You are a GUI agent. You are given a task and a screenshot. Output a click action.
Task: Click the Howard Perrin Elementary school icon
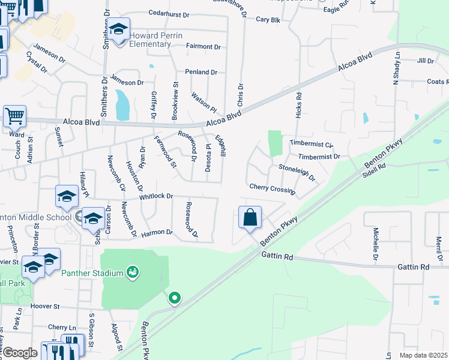119,29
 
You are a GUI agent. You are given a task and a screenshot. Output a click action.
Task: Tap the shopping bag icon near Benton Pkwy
250,218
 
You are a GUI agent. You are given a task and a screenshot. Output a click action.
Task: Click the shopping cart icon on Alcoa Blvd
14,115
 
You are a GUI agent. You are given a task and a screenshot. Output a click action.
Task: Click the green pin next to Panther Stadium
133,273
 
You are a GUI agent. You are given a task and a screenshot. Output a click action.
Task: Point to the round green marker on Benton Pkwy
175,298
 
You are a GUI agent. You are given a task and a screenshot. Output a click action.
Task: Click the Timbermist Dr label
319,157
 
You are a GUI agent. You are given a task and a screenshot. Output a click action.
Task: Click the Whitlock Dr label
155,196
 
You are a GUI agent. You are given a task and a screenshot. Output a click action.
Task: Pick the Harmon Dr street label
157,232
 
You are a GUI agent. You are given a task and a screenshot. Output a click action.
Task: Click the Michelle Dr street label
376,239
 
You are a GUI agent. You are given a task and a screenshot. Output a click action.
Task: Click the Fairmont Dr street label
203,46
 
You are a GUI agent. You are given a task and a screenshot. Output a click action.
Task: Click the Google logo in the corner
19,353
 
